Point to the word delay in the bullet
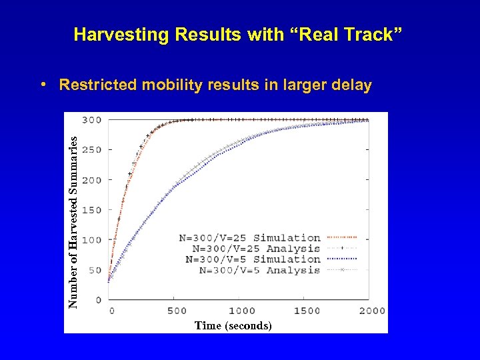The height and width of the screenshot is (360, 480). (351, 85)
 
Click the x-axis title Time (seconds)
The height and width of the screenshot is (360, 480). (233, 325)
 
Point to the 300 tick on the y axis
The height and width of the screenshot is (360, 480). (92, 120)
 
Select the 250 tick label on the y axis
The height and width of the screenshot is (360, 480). (92, 150)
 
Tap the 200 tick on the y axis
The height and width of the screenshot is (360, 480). (92, 180)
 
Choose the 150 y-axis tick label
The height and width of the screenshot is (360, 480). (92, 210)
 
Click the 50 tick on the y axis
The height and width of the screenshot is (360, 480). (95, 270)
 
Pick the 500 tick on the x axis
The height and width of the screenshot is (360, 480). (177, 311)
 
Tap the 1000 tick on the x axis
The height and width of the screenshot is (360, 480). (241, 311)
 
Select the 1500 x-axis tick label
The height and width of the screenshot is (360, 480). (307, 311)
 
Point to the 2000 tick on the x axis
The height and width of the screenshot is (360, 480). (371, 311)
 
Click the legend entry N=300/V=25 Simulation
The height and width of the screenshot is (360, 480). (249, 237)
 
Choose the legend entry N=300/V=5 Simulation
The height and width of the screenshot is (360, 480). (253, 259)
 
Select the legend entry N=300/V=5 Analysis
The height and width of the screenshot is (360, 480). (259, 270)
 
